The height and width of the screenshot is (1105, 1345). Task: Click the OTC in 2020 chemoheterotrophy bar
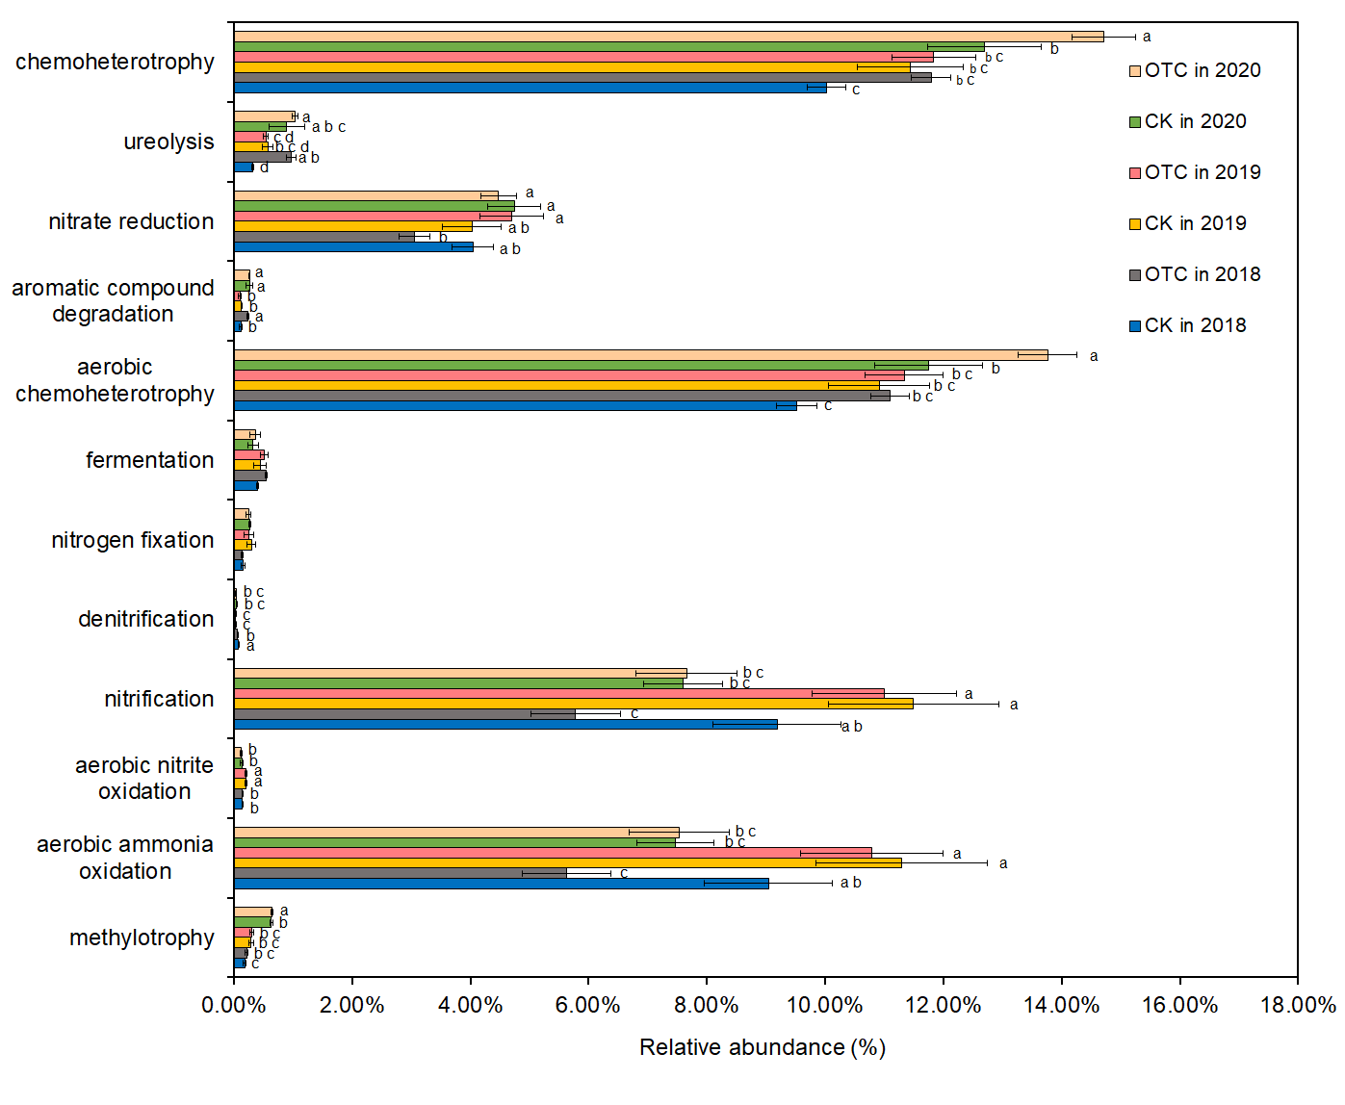coord(668,37)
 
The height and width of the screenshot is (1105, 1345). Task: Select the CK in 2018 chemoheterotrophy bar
coord(530,88)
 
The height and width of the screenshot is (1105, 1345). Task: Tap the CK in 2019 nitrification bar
coord(573,704)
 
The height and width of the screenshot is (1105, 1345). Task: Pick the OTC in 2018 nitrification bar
coord(404,714)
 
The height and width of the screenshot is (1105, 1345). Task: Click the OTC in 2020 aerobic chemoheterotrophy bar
coord(640,355)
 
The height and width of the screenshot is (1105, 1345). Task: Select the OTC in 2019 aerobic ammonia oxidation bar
coord(553,853)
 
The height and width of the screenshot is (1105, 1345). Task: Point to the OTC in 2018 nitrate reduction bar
coord(323,237)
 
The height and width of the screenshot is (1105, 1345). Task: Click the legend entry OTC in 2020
coord(1202,70)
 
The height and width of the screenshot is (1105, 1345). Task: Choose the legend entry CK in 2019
coord(1195,223)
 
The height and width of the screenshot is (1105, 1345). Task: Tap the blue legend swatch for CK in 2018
coord(1135,326)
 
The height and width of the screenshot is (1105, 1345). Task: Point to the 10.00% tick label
coord(824,1006)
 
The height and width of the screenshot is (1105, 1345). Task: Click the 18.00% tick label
coord(1298,1006)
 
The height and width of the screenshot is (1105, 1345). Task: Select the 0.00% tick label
coord(234,1006)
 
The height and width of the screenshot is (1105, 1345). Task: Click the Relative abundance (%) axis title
coord(762,1048)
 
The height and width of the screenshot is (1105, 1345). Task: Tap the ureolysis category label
coord(168,141)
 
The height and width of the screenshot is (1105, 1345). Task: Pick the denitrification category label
coord(145,619)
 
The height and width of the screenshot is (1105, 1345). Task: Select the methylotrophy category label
coord(142,938)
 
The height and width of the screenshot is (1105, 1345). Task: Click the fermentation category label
coord(149,460)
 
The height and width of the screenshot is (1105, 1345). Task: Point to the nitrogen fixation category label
coord(133,540)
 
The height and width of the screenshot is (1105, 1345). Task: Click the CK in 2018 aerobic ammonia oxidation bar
coord(501,884)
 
